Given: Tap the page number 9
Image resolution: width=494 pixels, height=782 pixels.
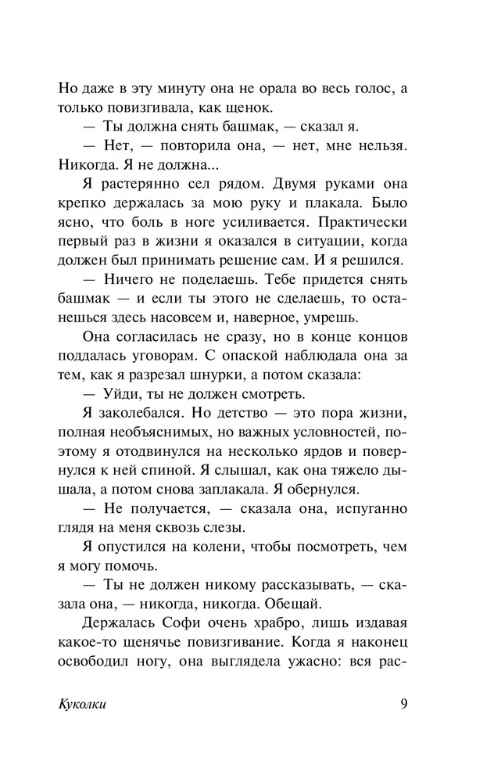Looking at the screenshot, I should pyautogui.click(x=403, y=704).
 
